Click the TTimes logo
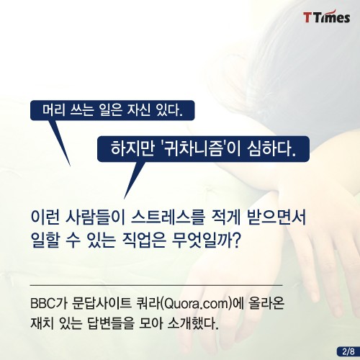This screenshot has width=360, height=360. click(x=326, y=17)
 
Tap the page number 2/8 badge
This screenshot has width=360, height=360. click(x=348, y=351)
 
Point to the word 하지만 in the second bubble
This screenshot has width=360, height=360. click(x=132, y=149)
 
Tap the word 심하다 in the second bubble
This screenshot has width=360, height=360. click(x=271, y=149)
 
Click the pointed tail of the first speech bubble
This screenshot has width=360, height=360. click(x=70, y=165)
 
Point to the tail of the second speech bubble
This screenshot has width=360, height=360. click(x=125, y=198)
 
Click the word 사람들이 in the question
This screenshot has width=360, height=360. click(x=94, y=218)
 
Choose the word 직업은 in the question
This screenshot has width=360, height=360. click(x=144, y=240)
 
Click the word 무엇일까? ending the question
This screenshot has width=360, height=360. click(x=207, y=240)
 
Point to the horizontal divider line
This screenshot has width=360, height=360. click(x=156, y=286)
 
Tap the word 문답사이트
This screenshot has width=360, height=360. click(x=102, y=304)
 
